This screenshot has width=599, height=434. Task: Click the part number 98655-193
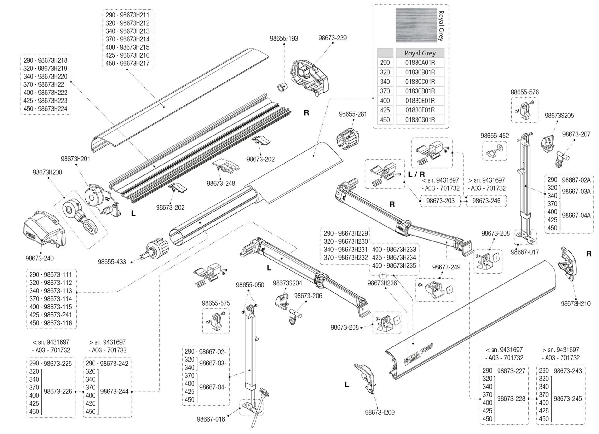click(x=284, y=38)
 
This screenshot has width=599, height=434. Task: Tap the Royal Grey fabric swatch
click(x=416, y=25)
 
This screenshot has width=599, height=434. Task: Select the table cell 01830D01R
click(x=420, y=91)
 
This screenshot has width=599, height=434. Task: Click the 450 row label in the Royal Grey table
click(x=385, y=120)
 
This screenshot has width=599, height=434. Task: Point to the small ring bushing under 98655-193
click(x=282, y=87)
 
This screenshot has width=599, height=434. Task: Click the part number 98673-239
click(x=332, y=38)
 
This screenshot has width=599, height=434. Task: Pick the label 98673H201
click(x=75, y=159)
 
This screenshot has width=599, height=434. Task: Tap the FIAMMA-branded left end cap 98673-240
click(x=44, y=229)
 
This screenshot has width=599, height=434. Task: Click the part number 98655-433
click(x=112, y=262)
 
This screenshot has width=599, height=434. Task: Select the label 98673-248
click(x=221, y=183)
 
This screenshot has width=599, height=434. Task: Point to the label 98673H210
click(x=575, y=303)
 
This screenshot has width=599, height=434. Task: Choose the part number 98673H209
click(x=380, y=412)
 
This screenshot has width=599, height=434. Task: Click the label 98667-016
click(x=211, y=419)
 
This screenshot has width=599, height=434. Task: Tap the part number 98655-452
click(x=494, y=136)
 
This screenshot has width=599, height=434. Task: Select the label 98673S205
click(x=559, y=116)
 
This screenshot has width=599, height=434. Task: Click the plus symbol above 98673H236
click(x=383, y=275)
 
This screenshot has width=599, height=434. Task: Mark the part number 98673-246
click(x=486, y=201)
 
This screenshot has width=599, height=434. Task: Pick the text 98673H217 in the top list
click(x=134, y=63)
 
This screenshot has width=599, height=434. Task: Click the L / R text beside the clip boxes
click(x=416, y=174)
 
